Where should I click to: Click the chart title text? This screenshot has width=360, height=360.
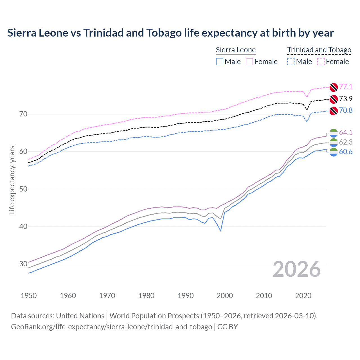[x=170, y=33]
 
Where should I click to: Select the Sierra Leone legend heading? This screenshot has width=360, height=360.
[x=236, y=50]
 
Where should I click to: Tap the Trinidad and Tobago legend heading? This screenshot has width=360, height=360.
[x=319, y=50]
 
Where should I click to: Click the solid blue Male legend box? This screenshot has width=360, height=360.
[x=220, y=62]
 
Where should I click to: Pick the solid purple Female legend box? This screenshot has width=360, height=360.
[x=249, y=62]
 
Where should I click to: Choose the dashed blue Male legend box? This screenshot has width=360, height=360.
[x=291, y=62]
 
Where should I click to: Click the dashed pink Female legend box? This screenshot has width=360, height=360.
[x=321, y=62]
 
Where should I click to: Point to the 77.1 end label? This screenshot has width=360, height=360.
[x=346, y=87]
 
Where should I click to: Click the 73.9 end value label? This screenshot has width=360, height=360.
[x=346, y=99]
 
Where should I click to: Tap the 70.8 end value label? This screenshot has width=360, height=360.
[x=346, y=110]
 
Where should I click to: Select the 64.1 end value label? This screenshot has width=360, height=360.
[x=346, y=132]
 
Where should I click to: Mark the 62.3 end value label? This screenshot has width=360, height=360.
[x=346, y=142]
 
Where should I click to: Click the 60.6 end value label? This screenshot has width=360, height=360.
[x=346, y=152]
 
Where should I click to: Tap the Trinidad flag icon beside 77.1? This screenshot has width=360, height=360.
[x=334, y=87]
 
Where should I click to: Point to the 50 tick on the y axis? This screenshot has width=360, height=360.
[x=23, y=189]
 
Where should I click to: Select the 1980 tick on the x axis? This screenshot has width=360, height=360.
[x=146, y=296]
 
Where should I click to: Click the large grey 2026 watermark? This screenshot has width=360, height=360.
[x=297, y=269]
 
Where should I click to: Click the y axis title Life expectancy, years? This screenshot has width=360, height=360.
[x=12, y=180]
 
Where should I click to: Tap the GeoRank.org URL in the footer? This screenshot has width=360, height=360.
[x=111, y=327]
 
